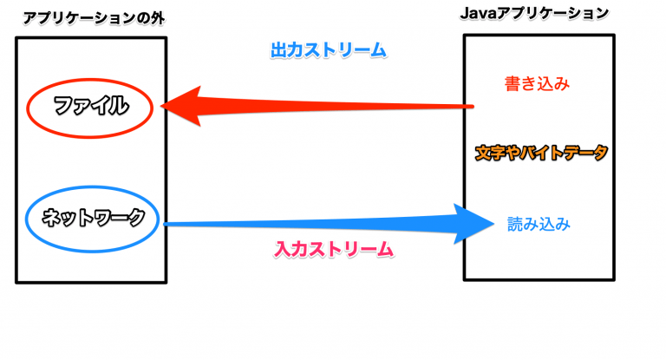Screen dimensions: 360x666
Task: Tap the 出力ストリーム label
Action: click(328, 50)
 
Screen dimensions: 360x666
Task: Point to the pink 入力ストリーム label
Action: click(334, 249)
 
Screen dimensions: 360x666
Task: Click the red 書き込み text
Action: click(537, 84)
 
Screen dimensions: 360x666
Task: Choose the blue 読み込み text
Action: click(539, 225)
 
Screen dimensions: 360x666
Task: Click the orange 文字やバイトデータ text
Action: click(541, 153)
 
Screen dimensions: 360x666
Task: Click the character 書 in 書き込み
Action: click(513, 84)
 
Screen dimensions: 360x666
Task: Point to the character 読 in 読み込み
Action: click(515, 225)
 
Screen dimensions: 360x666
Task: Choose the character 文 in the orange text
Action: click(482, 153)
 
